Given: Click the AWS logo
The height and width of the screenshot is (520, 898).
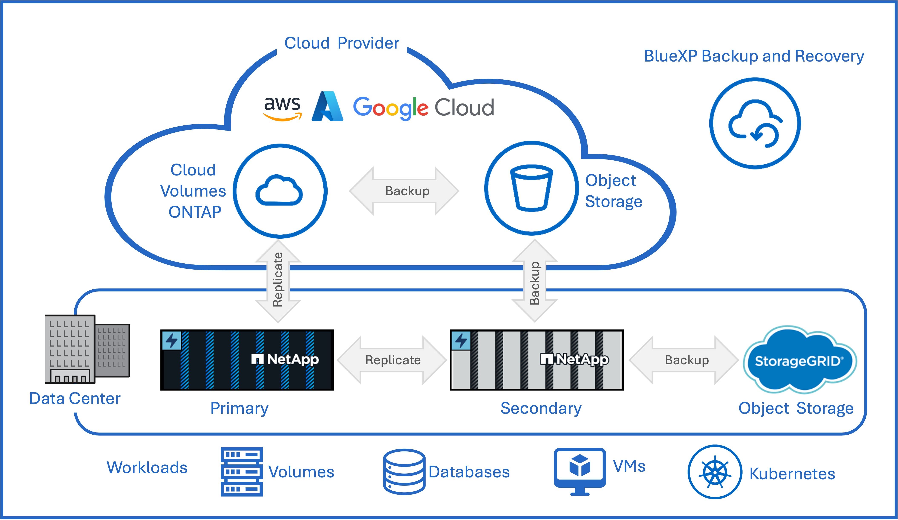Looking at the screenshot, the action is [x=282, y=108].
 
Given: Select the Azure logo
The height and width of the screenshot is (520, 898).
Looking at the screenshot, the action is [x=327, y=106].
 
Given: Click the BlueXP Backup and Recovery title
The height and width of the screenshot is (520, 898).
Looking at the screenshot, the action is [x=754, y=56].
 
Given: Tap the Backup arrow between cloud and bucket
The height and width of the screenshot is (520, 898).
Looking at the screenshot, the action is [x=404, y=191].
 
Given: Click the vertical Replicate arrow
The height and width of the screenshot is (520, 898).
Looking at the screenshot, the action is [x=278, y=281].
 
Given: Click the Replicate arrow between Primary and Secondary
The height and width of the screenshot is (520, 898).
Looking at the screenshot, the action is [x=392, y=360].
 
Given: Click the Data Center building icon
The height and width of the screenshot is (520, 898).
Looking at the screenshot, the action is [x=87, y=349].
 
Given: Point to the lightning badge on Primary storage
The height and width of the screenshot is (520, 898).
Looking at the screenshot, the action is [x=172, y=340].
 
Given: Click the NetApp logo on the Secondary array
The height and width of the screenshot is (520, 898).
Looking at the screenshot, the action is [x=574, y=359].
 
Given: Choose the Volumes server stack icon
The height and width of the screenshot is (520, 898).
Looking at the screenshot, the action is [x=242, y=472].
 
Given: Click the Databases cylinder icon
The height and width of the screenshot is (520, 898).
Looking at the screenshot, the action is [x=404, y=472].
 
